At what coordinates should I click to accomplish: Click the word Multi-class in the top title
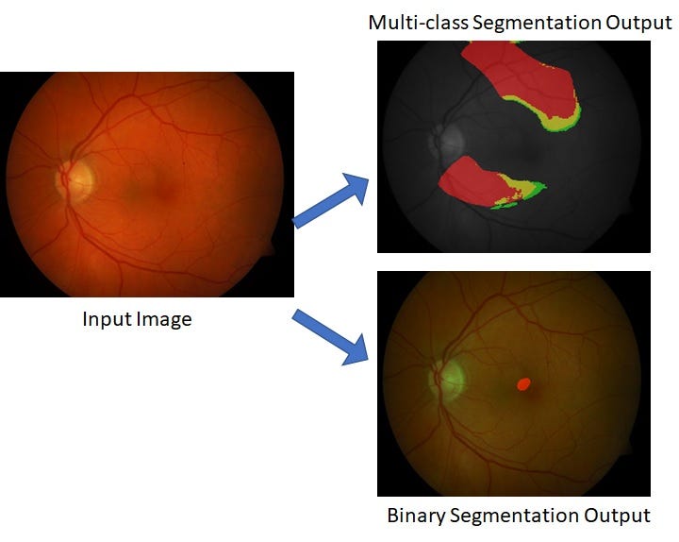pos(419,23)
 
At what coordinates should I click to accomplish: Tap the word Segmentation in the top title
pos(536,24)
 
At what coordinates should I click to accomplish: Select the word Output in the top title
pos(638,24)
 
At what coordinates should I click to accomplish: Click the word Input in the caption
pos(108,320)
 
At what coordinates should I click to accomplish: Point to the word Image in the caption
pos(164,320)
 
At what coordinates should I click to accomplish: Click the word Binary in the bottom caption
pos(416,516)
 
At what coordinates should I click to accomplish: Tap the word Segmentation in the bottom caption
pos(514,516)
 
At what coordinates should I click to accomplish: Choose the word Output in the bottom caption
pos(617,516)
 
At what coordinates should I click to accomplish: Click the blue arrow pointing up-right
pos(331,201)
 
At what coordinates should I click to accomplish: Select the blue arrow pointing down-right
pos(330,337)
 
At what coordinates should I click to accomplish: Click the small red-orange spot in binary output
pos(524,383)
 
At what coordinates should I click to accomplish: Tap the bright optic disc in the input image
pos(75,181)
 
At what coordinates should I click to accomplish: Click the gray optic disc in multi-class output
pos(447,139)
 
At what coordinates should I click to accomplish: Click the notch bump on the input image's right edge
pos(270,248)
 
